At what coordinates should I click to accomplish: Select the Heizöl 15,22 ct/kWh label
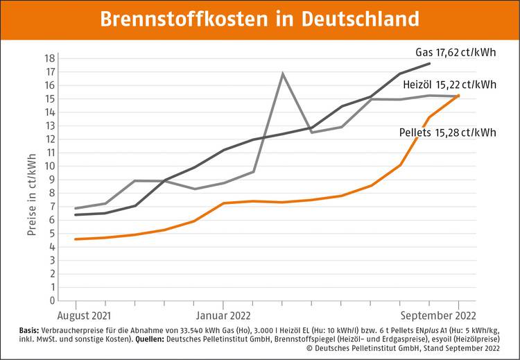click(x=449, y=85)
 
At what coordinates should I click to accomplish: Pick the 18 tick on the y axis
click(x=51, y=58)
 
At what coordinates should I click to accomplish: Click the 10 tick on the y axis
click(x=51, y=166)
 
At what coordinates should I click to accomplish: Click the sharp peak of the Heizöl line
click(x=282, y=74)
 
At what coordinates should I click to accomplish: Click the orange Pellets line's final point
click(x=458, y=95)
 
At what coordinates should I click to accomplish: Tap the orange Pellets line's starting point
click(x=76, y=239)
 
